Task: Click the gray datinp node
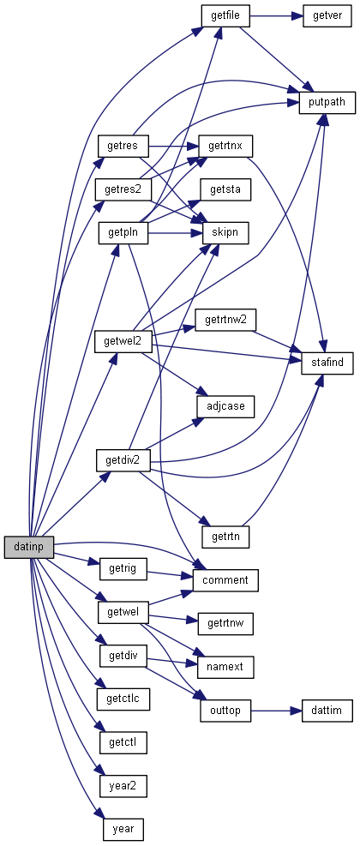point(28,547)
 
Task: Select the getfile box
point(225,15)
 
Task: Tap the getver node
point(327,15)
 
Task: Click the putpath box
point(327,103)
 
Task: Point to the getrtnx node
point(225,146)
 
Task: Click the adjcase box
point(225,405)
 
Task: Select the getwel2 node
point(123,341)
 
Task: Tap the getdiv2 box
point(123,461)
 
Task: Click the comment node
point(225,580)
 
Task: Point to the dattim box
point(327,710)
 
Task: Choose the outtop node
point(225,710)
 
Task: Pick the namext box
point(225,667)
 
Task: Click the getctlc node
point(123,699)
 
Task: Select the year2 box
point(123,786)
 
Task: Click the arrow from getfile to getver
point(276,15)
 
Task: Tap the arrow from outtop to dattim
point(276,710)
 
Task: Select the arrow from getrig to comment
point(170,574)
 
